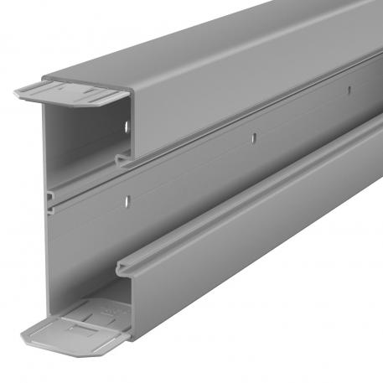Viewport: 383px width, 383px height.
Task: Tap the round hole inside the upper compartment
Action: pyautogui.click(x=126, y=129)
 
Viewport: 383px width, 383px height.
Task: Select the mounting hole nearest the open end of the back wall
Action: pyautogui.click(x=127, y=200)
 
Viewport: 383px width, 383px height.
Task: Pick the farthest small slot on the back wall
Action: pyautogui.click(x=344, y=85)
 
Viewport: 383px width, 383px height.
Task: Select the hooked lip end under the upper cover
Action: pyautogui.click(x=123, y=160)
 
